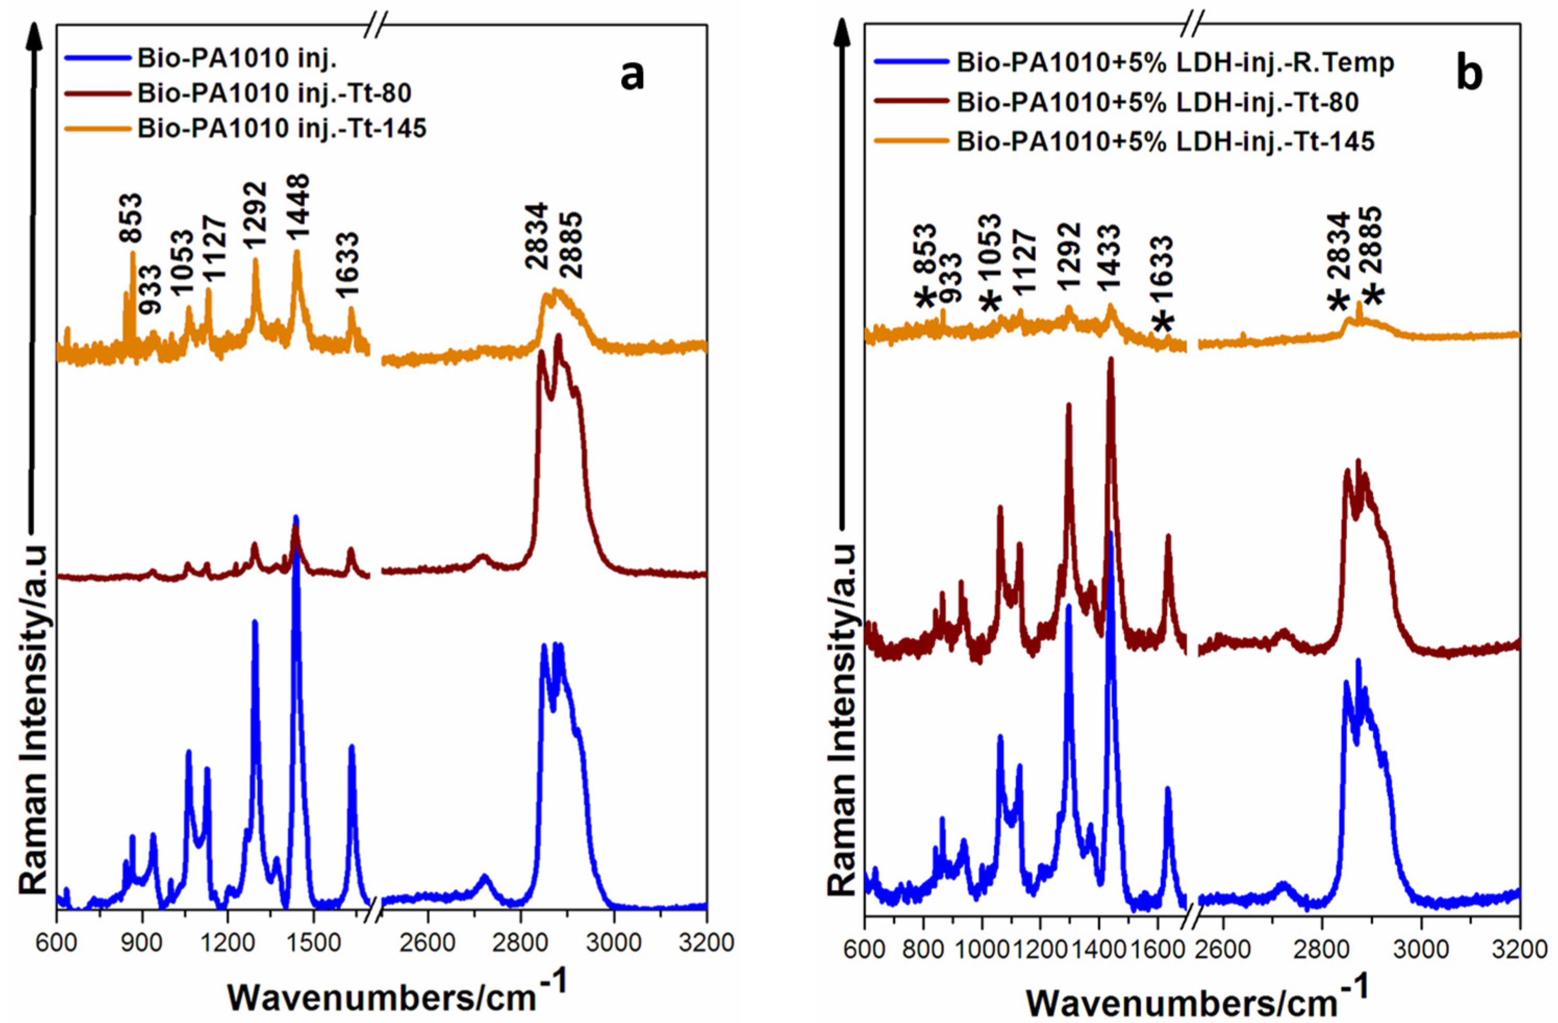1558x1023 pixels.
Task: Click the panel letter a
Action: coord(632,76)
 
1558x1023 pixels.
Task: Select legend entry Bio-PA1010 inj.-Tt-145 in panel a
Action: coord(282,129)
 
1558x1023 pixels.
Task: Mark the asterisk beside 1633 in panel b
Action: coord(1163,323)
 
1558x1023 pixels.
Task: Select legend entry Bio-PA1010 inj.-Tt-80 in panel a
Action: coord(274,94)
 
